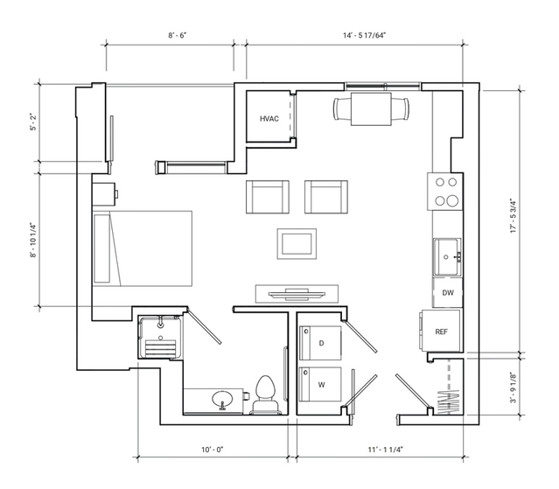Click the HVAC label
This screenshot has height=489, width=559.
pyautogui.click(x=269, y=119)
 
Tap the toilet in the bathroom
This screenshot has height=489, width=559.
pyautogui.click(x=266, y=395)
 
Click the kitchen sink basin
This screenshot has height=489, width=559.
pyautogui.click(x=447, y=257)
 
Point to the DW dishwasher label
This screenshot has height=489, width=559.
pyautogui.click(x=448, y=293)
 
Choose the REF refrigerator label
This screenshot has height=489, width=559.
pyautogui.click(x=442, y=332)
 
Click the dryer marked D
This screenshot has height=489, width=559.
pyautogui.click(x=320, y=343)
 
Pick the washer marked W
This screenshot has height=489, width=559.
pyautogui.click(x=320, y=385)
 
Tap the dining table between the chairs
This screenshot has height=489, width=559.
pyautogui.click(x=371, y=109)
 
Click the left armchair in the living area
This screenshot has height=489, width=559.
pyautogui.click(x=268, y=197)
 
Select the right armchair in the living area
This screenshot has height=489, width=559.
pyautogui.click(x=326, y=197)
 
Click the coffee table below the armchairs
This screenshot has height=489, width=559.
pyautogui.click(x=297, y=244)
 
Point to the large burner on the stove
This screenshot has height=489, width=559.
pyautogui.click(x=453, y=201)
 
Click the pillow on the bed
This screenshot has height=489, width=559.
pyautogui.click(x=101, y=248)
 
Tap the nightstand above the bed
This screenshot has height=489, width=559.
pyautogui.click(x=104, y=194)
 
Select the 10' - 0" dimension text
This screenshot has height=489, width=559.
pyautogui.click(x=213, y=450)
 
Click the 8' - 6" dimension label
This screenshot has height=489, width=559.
pyautogui.click(x=178, y=35)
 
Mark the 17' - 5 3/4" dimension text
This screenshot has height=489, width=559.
pyautogui.click(x=514, y=216)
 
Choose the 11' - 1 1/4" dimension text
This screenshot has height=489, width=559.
pyautogui.click(x=386, y=450)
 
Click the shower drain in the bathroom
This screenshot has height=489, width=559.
pyautogui.click(x=160, y=338)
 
